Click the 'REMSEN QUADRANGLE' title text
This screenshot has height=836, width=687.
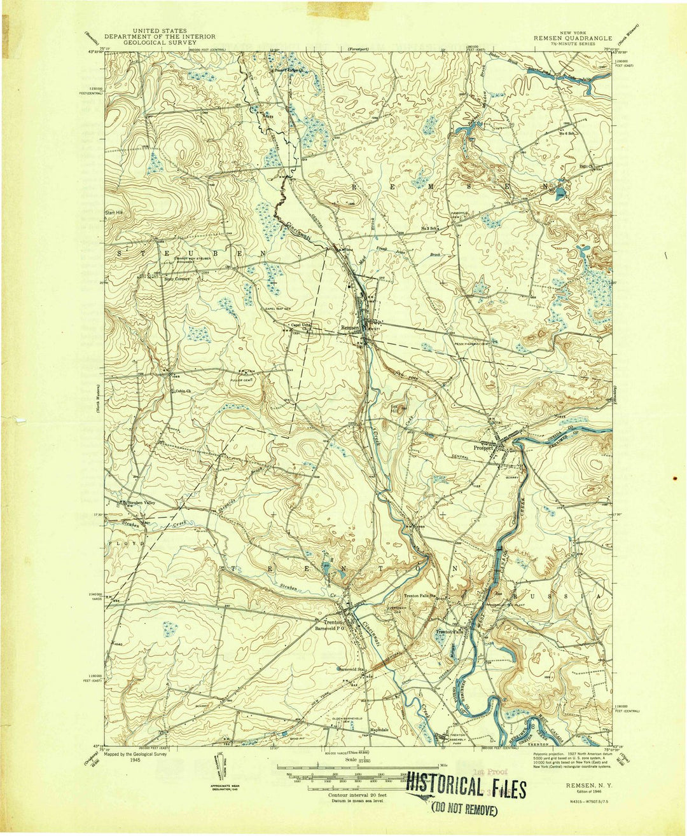click(x=572, y=38)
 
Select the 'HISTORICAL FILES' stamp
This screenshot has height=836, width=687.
click(x=466, y=788)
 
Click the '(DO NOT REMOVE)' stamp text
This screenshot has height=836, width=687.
click(x=464, y=809)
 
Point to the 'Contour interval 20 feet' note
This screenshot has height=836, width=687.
click(x=357, y=795)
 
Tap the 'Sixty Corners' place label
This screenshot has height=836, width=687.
click(x=177, y=278)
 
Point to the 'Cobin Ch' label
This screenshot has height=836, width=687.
click(x=184, y=390)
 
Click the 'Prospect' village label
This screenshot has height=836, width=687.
click(x=484, y=448)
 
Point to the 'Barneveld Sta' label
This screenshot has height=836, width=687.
click(x=354, y=669)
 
